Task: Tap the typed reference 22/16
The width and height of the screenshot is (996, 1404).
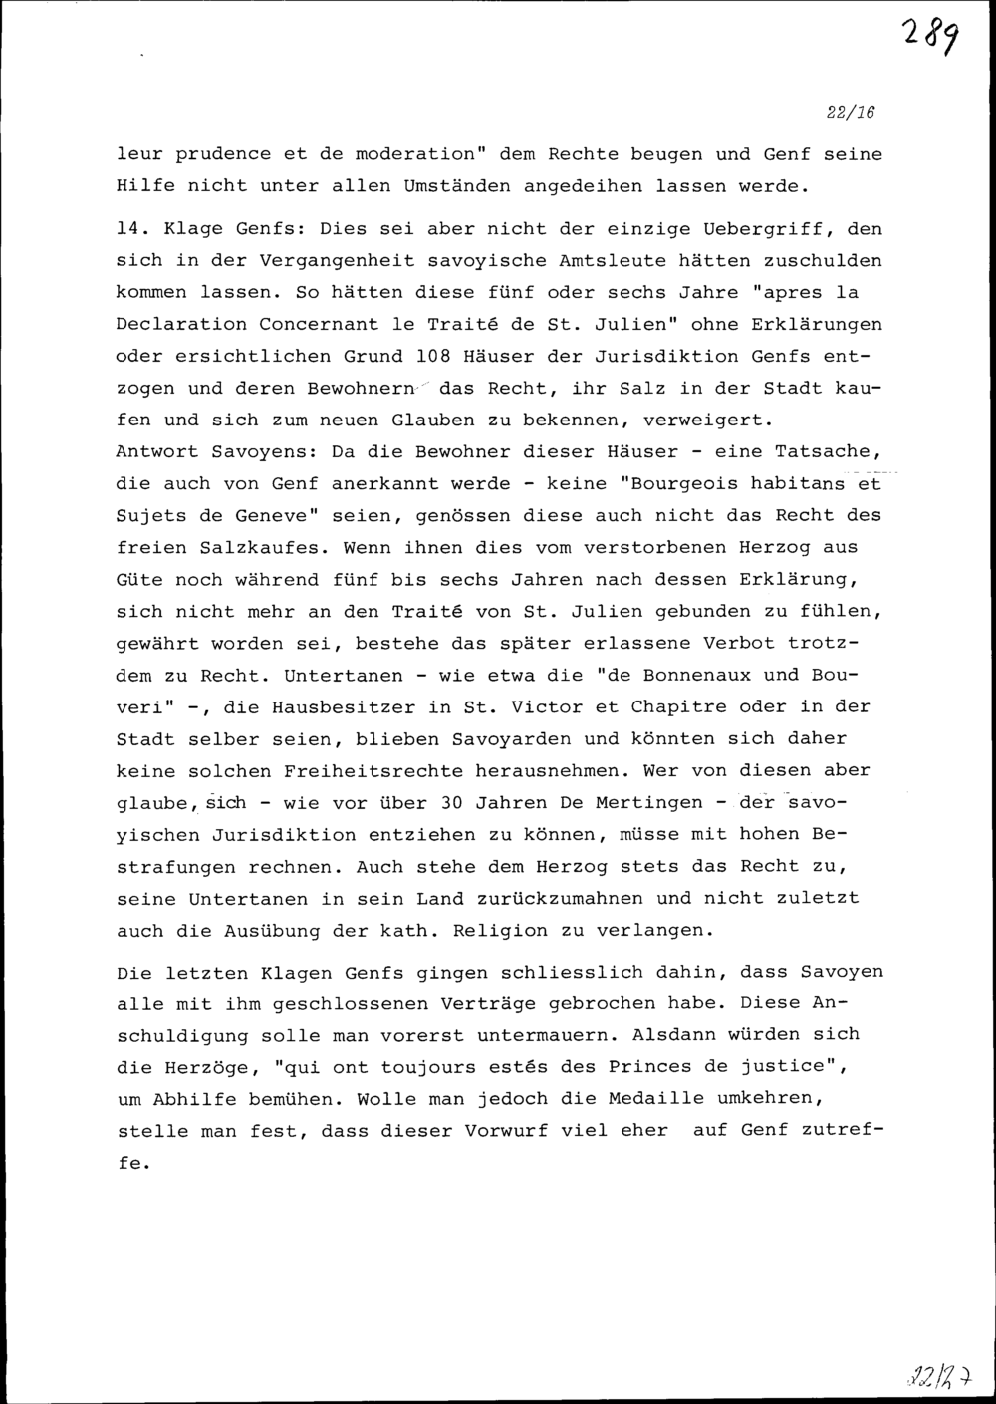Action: click(851, 113)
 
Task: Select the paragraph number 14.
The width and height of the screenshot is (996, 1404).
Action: click(132, 229)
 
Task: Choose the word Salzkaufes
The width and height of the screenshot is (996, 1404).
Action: click(270, 548)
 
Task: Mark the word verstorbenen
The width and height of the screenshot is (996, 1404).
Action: click(646, 548)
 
